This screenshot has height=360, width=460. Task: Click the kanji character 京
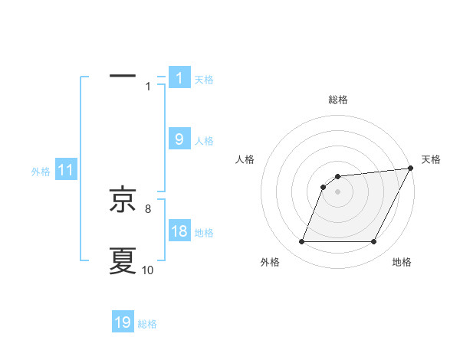coord(123,200)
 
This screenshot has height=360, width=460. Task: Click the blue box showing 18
coord(179,231)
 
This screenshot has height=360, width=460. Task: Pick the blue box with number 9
coord(179,139)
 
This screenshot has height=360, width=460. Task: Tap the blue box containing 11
coord(66,171)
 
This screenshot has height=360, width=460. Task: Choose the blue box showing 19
coord(123,322)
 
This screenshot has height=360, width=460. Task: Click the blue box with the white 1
coord(179,78)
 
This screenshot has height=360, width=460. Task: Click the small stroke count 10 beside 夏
coord(147,269)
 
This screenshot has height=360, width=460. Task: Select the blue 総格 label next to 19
coord(147,324)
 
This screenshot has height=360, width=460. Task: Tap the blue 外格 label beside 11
coord(41,172)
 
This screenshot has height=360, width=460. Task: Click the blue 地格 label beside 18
coord(204,233)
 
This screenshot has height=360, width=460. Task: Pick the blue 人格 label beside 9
coord(204,141)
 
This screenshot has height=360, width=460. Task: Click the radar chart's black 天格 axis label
coord(431,159)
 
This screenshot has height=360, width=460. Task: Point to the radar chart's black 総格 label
coord(338,100)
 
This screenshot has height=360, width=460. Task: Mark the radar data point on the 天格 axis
coord(410,168)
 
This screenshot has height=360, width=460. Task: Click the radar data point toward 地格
coord(374,242)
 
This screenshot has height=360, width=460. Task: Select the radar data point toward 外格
coord(301,242)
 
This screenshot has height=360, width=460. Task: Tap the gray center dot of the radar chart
coord(338,191)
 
